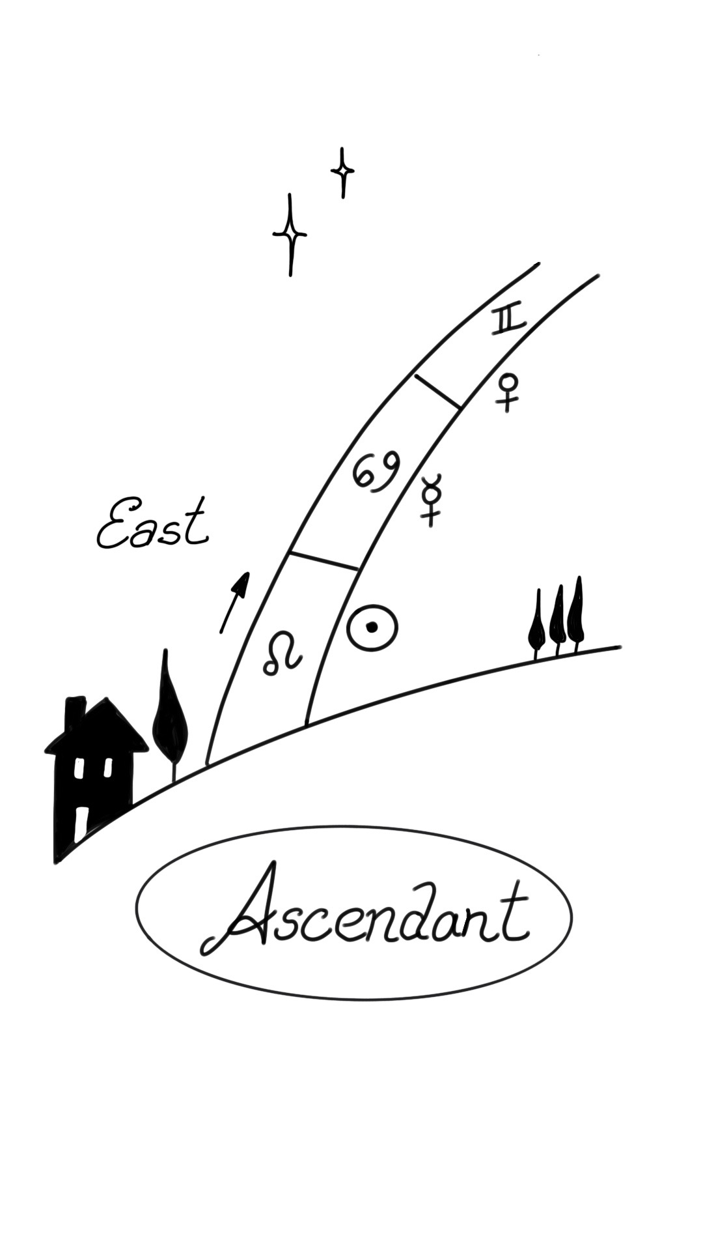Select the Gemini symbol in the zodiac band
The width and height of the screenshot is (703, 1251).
[x=508, y=321]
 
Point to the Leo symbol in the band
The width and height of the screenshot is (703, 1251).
[x=283, y=654]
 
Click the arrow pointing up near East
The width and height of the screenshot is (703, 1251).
[x=234, y=602]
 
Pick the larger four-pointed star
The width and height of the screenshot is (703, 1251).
[x=290, y=235]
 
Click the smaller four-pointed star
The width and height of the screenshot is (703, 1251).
[x=342, y=172]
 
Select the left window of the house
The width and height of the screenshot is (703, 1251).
[x=78, y=769]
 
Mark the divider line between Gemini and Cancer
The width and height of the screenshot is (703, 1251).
[x=438, y=392]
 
